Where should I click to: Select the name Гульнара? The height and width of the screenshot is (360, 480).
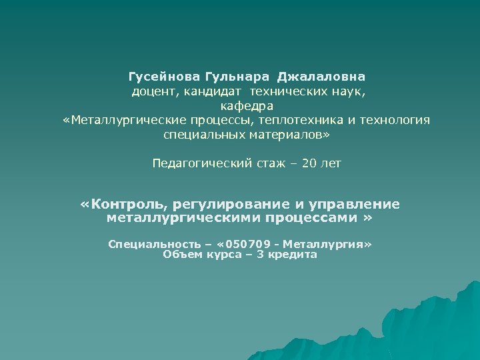pos(230,77)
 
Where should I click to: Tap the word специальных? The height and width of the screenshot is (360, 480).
pos(197,134)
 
